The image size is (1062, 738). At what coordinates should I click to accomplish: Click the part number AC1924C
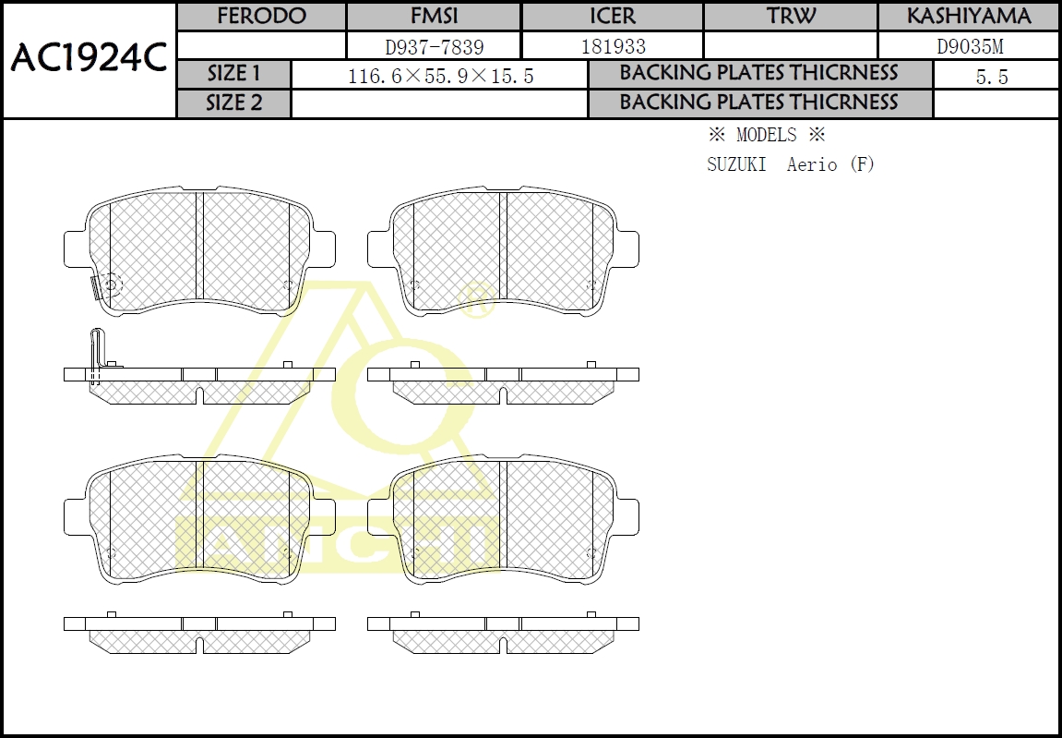[88, 58]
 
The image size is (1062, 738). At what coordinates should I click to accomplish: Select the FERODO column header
[261, 16]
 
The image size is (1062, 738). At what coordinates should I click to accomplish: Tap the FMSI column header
[435, 16]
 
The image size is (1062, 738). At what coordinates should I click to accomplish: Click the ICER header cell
[613, 16]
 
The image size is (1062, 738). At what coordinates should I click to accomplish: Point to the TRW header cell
[791, 16]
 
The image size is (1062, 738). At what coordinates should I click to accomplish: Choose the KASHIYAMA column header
[969, 16]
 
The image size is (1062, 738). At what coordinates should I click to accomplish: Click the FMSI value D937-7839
[435, 47]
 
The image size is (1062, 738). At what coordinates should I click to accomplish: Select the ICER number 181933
[614, 47]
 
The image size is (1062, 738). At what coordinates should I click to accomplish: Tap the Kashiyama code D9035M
[970, 47]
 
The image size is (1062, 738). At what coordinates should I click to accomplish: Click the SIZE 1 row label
[233, 73]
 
